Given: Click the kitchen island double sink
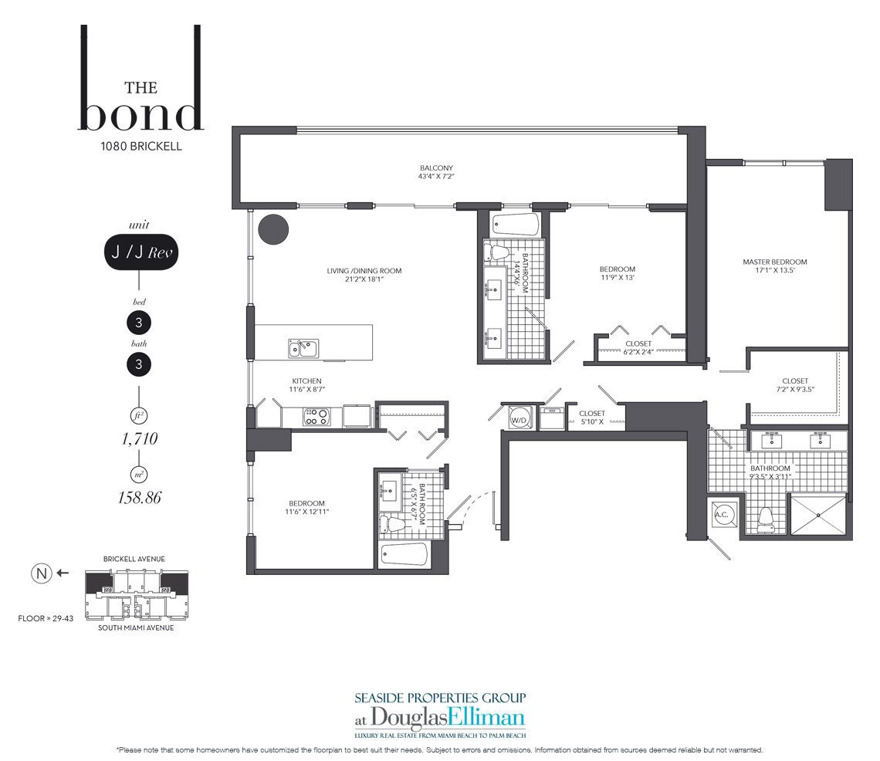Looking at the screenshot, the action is pos(303,349).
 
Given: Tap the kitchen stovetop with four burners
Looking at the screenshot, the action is pos(316,417).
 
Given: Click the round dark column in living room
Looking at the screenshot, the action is pos(273,229).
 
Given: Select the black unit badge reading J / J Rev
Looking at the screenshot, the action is pos(140,252).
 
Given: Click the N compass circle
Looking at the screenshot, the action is pos(41,573).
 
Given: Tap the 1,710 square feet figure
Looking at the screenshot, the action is pos(139,438).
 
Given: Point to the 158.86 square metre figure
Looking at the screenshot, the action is pos(139,497).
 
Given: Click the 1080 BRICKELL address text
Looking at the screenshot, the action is pos(140,146).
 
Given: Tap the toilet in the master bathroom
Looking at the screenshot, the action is pos(766,519).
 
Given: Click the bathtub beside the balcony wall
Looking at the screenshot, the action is pos(516,225).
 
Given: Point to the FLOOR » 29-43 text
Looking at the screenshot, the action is pos(46,618).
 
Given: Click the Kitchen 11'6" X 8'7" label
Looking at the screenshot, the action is pos(307,385).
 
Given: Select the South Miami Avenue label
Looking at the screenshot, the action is pos(136,628).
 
